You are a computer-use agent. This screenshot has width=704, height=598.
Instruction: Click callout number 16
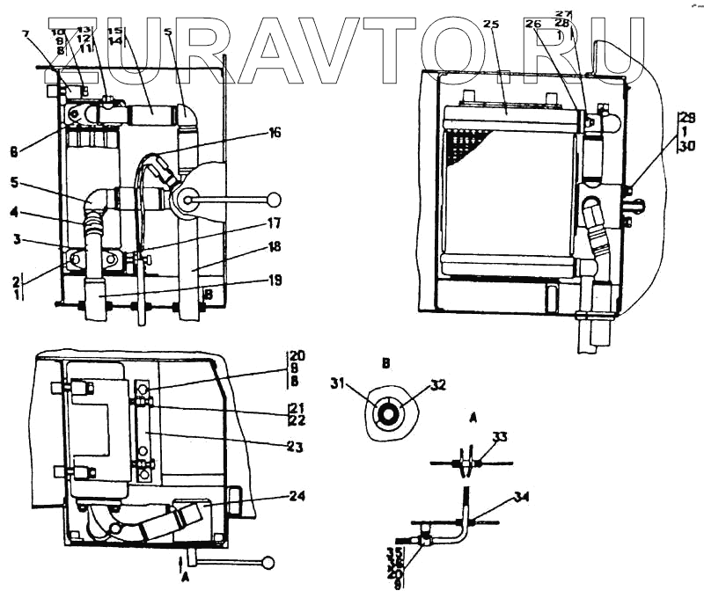click(x=275, y=133)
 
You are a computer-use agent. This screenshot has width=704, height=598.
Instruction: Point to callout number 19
click(x=275, y=281)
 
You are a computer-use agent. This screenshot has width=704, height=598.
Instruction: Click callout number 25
click(x=491, y=25)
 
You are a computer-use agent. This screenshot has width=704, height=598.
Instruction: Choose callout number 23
click(x=295, y=447)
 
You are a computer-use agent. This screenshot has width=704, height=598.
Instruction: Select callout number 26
click(x=533, y=25)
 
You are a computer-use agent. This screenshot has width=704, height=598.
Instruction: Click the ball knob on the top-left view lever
click(x=275, y=199)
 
